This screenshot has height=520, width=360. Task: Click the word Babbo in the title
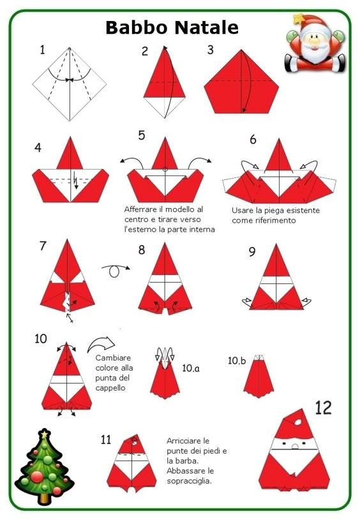point(137,27)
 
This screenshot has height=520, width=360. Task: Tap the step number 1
point(42,50)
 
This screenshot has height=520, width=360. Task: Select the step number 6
point(253,139)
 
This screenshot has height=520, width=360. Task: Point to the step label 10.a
point(191,368)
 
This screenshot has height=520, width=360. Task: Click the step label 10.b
point(237,360)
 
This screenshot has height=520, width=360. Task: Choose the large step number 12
point(323,408)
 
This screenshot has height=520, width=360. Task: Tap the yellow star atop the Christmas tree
point(44,433)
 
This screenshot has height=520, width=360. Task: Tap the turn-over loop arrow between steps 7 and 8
point(115,270)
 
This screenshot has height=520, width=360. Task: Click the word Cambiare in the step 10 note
point(113,358)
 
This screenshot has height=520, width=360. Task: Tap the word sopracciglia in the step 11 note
point(189,481)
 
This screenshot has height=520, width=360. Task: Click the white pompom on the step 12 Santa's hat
point(298,422)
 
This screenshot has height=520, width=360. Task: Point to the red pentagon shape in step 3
point(241,83)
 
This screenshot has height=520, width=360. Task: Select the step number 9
point(252,252)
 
